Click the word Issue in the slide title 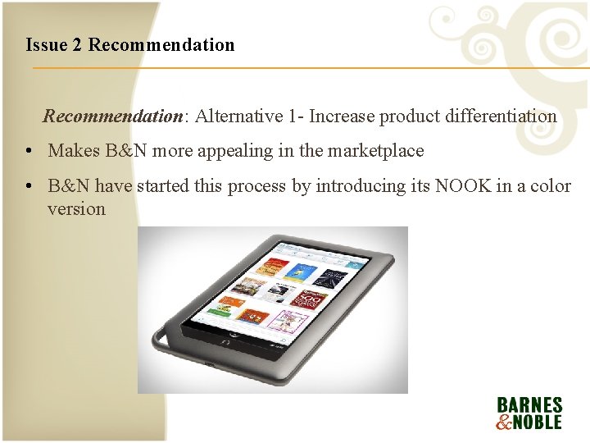click(47, 44)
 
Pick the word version click(76, 208)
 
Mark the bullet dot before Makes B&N click(29, 151)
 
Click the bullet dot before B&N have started click(29, 186)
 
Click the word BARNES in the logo click(529, 405)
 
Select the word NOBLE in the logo click(537, 422)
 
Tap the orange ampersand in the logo click(502, 422)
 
